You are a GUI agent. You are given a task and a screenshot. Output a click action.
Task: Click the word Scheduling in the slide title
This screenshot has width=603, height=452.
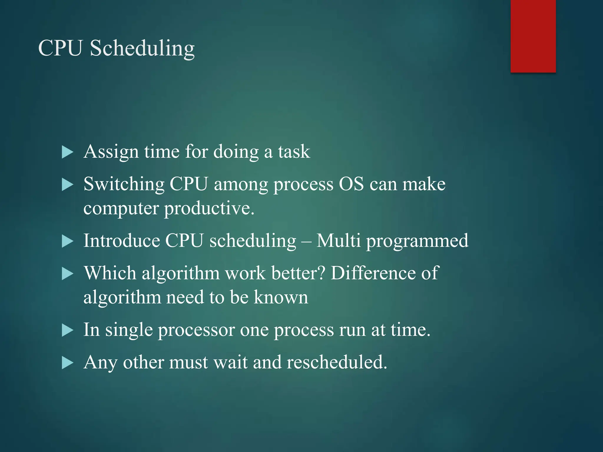click(142, 48)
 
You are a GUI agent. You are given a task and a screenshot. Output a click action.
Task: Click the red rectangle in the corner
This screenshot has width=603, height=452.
click(533, 36)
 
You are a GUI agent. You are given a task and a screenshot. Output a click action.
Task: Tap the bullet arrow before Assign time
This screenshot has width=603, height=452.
click(67, 152)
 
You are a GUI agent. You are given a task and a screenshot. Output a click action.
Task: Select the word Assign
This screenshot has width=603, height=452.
click(111, 152)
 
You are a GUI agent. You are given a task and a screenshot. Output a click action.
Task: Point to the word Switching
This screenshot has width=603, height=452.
click(124, 185)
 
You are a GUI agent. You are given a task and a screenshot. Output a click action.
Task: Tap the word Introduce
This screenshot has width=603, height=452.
click(122, 241)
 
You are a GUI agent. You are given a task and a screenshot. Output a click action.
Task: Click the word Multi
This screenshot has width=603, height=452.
click(338, 241)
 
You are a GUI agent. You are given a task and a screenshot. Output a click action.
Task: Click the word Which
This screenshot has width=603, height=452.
click(110, 273)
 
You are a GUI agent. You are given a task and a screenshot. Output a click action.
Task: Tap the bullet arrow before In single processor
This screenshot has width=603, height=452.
click(67, 330)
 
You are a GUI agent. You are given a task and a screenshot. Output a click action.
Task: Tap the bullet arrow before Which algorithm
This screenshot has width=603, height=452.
click(67, 274)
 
